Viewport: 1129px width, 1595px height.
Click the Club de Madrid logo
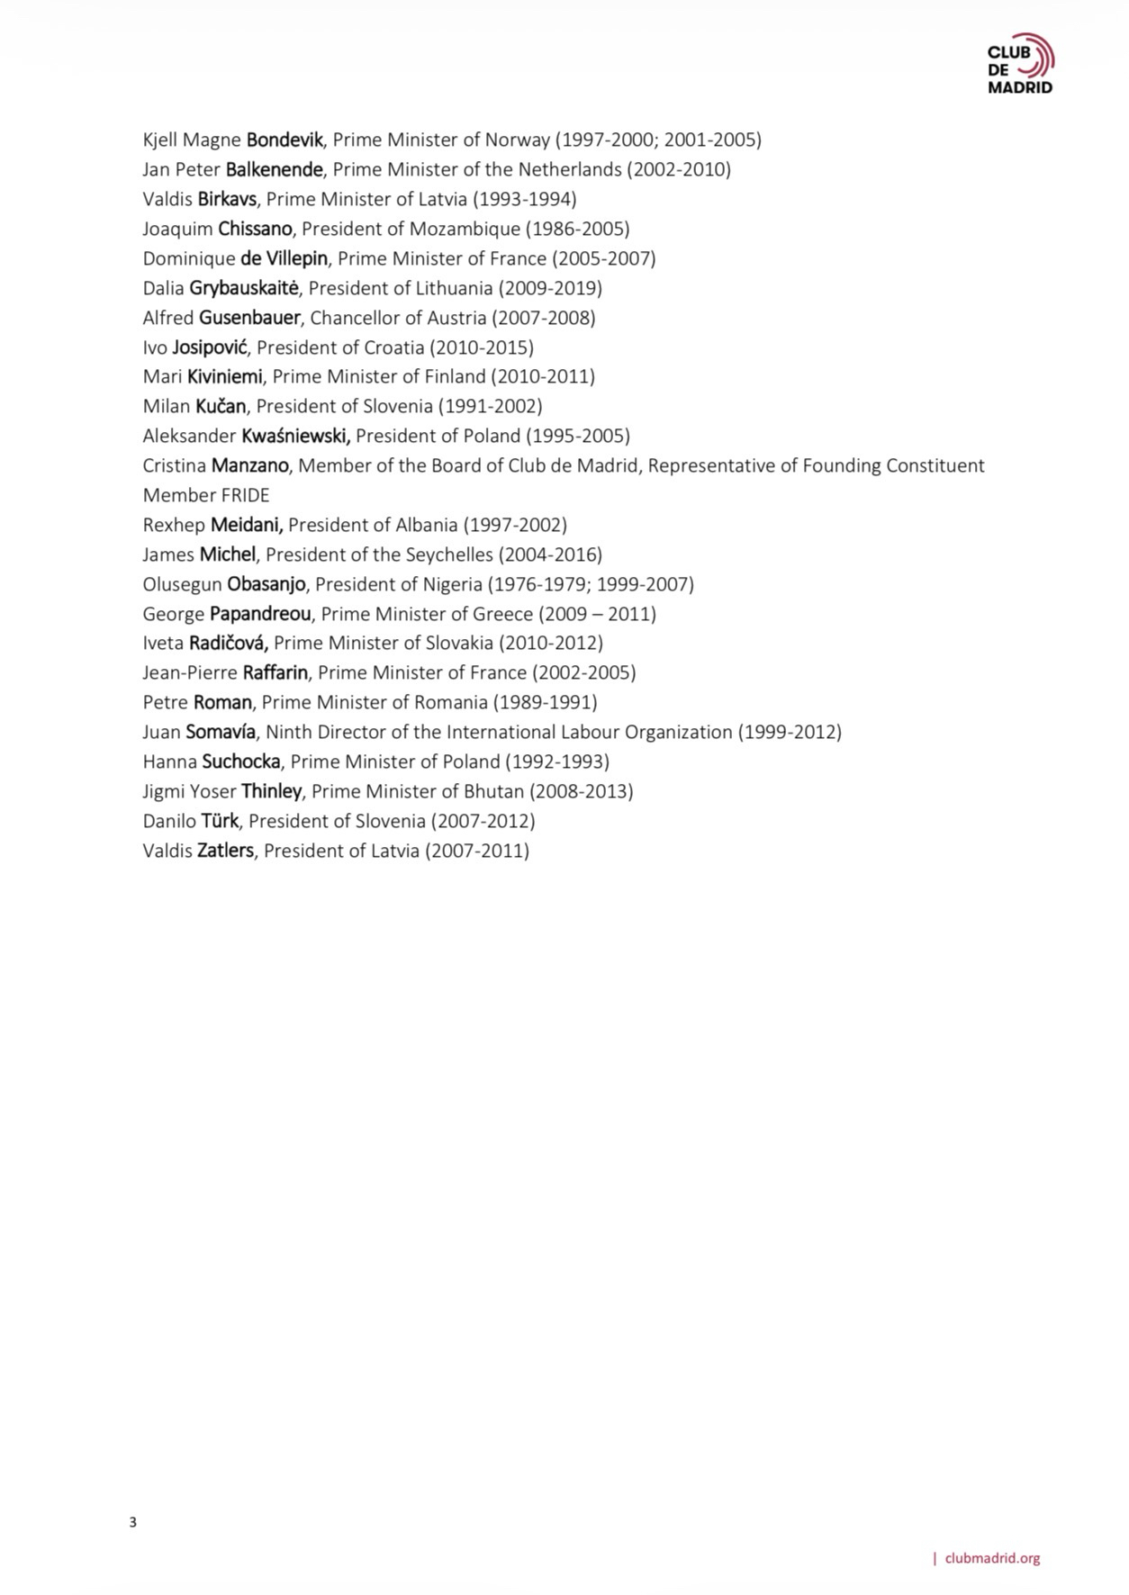click(x=1020, y=64)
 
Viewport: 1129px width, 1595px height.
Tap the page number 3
click(x=133, y=1522)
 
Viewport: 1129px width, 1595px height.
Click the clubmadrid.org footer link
click(x=992, y=1558)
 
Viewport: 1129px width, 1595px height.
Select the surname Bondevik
click(x=284, y=140)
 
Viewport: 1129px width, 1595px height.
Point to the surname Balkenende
click(x=274, y=169)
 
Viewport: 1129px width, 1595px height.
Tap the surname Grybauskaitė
click(x=245, y=288)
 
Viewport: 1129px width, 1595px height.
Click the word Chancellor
click(x=357, y=318)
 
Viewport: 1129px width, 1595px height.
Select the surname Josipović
click(x=209, y=347)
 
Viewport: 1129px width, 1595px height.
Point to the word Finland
click(x=456, y=376)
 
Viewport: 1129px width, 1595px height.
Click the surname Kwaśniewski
click(x=295, y=436)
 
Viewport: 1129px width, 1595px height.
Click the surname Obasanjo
click(x=266, y=584)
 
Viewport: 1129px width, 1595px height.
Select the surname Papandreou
click(x=260, y=614)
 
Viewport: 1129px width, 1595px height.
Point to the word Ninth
click(x=289, y=732)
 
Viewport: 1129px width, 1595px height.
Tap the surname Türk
click(x=220, y=821)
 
